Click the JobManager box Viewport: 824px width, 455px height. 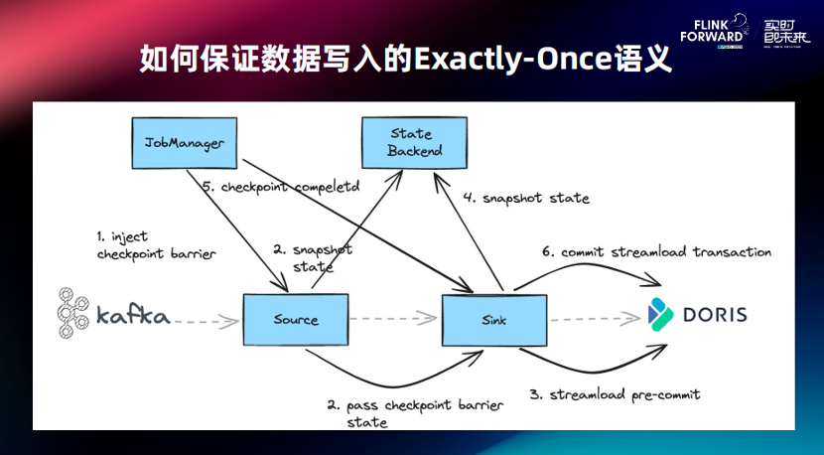[184, 143]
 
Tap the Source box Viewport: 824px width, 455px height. [295, 320]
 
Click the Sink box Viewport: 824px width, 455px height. [493, 320]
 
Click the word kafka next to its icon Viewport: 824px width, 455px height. [133, 318]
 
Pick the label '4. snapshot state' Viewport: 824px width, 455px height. [525, 199]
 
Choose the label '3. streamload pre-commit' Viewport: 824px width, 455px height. [614, 394]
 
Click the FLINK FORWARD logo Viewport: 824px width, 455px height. [715, 29]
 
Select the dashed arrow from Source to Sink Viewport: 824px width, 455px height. [395, 319]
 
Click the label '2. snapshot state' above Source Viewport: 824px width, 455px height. [311, 258]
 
